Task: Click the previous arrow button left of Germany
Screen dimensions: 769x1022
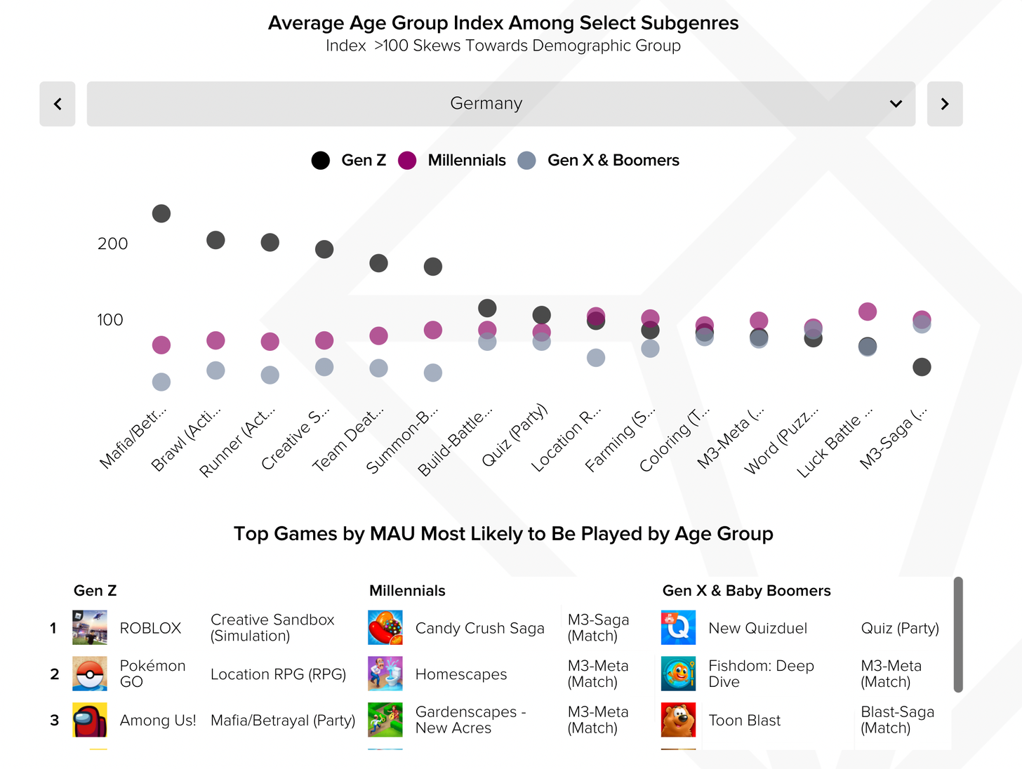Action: [x=58, y=104]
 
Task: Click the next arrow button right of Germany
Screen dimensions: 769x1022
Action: [x=945, y=104]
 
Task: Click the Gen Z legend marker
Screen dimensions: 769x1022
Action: [x=321, y=161]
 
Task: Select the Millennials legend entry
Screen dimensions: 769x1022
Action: [x=466, y=161]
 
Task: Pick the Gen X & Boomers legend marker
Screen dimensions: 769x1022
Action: [x=527, y=161]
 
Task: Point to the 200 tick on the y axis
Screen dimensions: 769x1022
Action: [x=112, y=244]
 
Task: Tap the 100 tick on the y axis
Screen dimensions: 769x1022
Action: [x=109, y=320]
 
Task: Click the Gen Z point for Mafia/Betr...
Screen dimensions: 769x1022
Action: [x=161, y=213]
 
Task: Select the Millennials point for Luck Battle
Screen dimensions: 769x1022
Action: [x=868, y=312]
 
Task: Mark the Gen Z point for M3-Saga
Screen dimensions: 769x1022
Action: [x=922, y=367]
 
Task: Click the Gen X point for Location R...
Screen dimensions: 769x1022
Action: [x=596, y=358]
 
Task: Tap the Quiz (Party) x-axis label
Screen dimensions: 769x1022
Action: [x=515, y=435]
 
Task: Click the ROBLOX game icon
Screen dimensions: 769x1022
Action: [x=90, y=627]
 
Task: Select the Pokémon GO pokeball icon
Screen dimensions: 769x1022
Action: [x=90, y=674]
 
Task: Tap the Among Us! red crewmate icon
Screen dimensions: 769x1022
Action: [x=90, y=720]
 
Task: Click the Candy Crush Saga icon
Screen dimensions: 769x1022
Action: [x=385, y=627]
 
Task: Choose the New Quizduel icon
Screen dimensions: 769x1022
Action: [x=678, y=627]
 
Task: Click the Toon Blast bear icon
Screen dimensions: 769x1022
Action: [x=678, y=720]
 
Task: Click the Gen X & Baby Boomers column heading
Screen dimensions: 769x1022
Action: [x=746, y=591]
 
